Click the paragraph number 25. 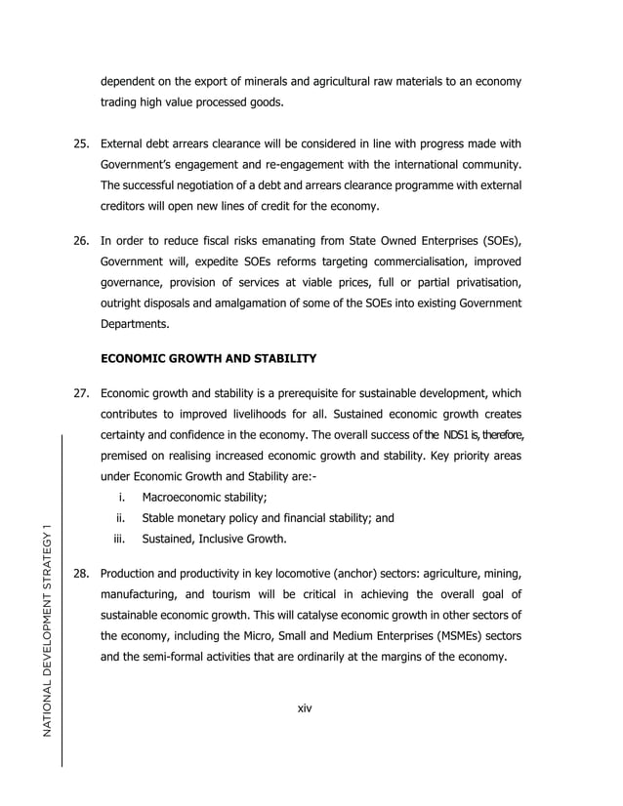(82, 146)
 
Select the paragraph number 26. (82, 241)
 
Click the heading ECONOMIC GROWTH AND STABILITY (208, 359)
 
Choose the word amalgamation (239, 304)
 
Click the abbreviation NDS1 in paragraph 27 (457, 434)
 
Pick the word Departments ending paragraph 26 (137, 325)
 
